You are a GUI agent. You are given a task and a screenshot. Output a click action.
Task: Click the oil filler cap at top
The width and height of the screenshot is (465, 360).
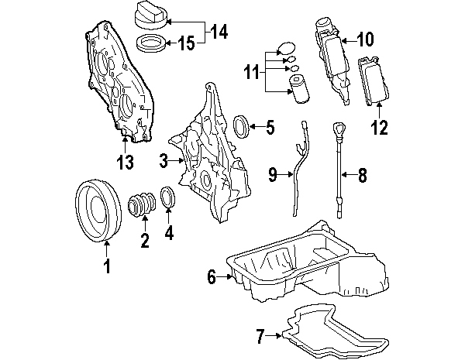(150, 15)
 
